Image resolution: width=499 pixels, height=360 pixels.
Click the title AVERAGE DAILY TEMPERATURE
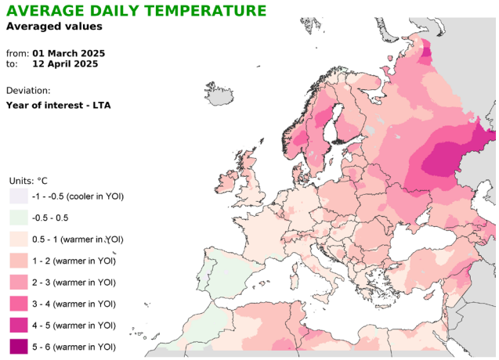(x=136, y=10)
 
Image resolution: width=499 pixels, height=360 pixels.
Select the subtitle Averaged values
(x=54, y=26)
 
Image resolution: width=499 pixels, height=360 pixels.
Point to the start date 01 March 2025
(x=69, y=53)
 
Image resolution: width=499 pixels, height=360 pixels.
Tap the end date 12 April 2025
(x=65, y=64)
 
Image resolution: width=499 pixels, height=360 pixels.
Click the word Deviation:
(x=28, y=91)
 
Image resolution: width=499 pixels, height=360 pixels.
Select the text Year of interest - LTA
(x=59, y=106)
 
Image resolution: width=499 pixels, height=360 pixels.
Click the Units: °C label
(x=28, y=181)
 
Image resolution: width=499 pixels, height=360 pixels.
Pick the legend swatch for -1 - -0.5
(x=19, y=196)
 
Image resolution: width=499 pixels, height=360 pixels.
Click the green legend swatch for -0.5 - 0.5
(x=19, y=218)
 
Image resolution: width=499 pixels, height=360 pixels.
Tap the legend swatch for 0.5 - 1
(x=19, y=239)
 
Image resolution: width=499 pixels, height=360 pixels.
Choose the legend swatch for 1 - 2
(x=19, y=261)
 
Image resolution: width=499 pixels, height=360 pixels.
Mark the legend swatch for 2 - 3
(x=19, y=283)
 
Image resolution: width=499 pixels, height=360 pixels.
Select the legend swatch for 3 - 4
(x=19, y=304)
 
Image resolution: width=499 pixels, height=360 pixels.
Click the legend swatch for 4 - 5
(x=19, y=326)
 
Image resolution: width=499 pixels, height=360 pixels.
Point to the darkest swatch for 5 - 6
(x=19, y=347)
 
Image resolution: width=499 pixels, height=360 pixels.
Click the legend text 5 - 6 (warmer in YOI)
(x=74, y=347)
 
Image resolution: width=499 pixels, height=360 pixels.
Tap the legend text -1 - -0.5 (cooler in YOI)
(x=78, y=196)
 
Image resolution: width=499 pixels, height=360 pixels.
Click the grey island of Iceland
(x=219, y=93)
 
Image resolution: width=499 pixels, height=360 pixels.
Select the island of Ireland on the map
(x=226, y=182)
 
